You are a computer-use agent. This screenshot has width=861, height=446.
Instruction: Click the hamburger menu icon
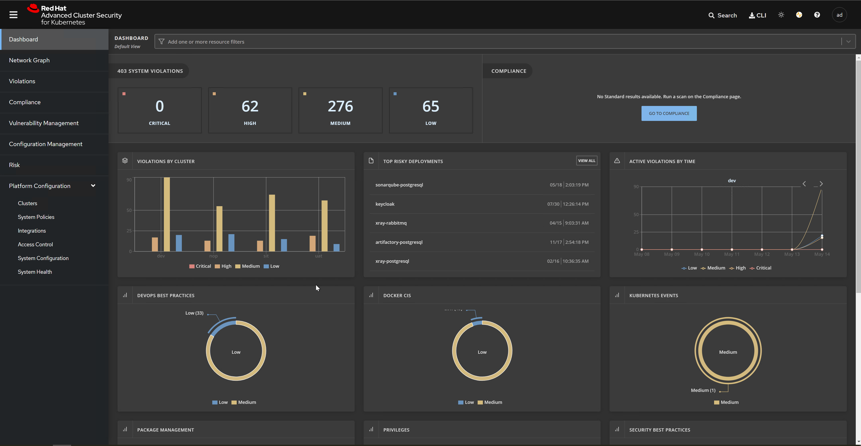tap(13, 15)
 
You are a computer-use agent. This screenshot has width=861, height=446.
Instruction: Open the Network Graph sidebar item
tap(29, 60)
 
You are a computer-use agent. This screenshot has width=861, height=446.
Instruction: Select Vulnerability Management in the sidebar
tap(44, 123)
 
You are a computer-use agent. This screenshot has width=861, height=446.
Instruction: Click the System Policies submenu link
tap(36, 217)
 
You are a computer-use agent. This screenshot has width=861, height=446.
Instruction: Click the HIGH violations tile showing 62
tap(250, 110)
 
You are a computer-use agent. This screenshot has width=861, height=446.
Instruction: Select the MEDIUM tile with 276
tap(340, 110)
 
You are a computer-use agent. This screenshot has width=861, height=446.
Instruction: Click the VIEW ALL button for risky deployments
tap(587, 161)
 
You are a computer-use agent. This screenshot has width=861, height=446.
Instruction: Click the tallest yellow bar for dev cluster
tap(167, 214)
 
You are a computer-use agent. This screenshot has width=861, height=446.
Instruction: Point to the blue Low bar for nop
tap(231, 243)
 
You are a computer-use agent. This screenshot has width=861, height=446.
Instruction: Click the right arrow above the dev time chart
tap(821, 184)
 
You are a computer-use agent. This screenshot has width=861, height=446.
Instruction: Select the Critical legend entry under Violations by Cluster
tap(200, 266)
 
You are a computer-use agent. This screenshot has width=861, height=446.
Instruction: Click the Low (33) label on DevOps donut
tap(194, 313)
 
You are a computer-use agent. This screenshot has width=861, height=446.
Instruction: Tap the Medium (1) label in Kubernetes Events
tap(703, 390)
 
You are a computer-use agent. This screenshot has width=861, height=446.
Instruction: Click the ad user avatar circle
tap(839, 15)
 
